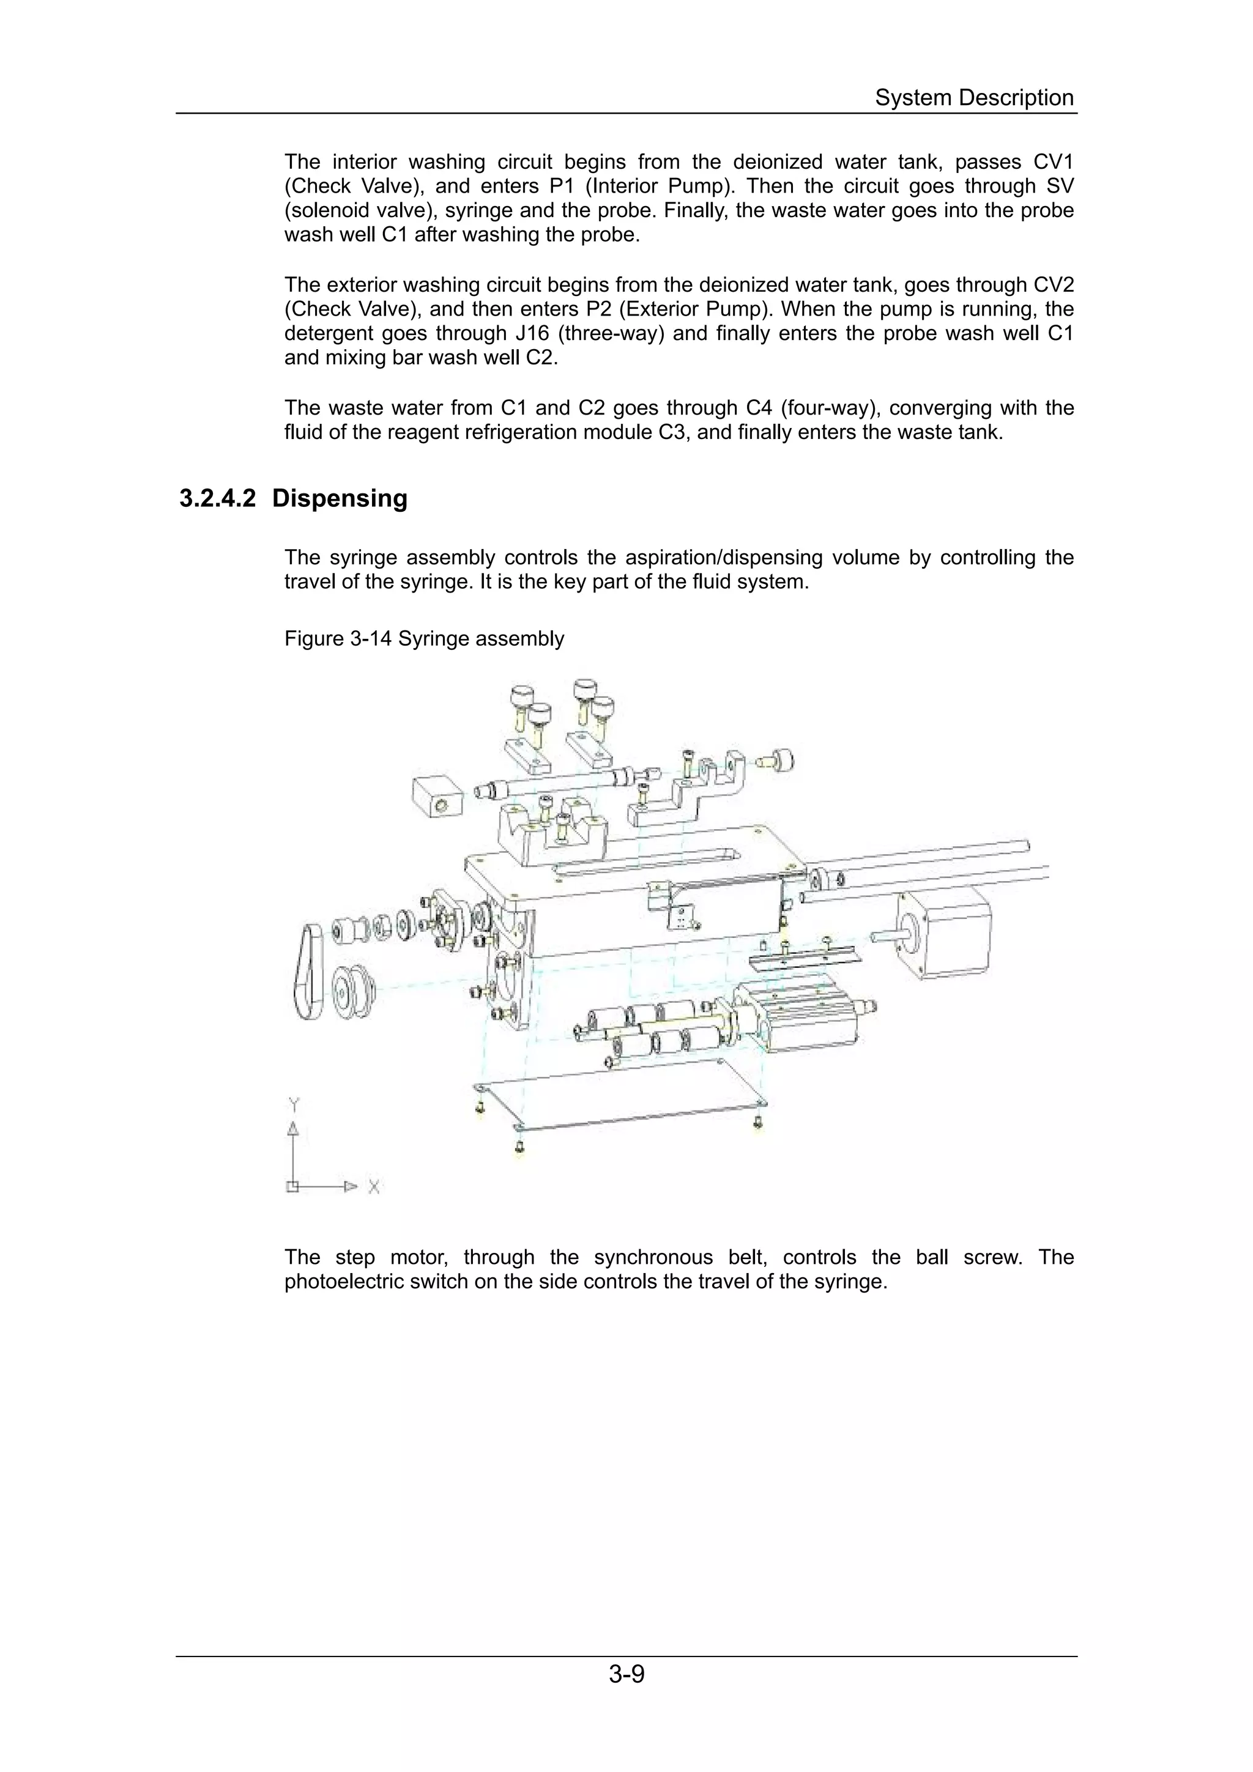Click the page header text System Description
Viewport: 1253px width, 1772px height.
pos(973,98)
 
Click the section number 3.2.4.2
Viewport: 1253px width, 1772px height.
pos(217,498)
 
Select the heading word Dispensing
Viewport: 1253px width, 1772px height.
pos(340,498)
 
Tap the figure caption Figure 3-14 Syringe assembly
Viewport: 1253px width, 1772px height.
pos(424,639)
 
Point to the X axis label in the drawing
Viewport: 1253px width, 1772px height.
pos(374,1187)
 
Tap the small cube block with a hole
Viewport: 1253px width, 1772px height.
pos(436,797)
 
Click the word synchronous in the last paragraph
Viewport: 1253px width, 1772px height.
pos(653,1257)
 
